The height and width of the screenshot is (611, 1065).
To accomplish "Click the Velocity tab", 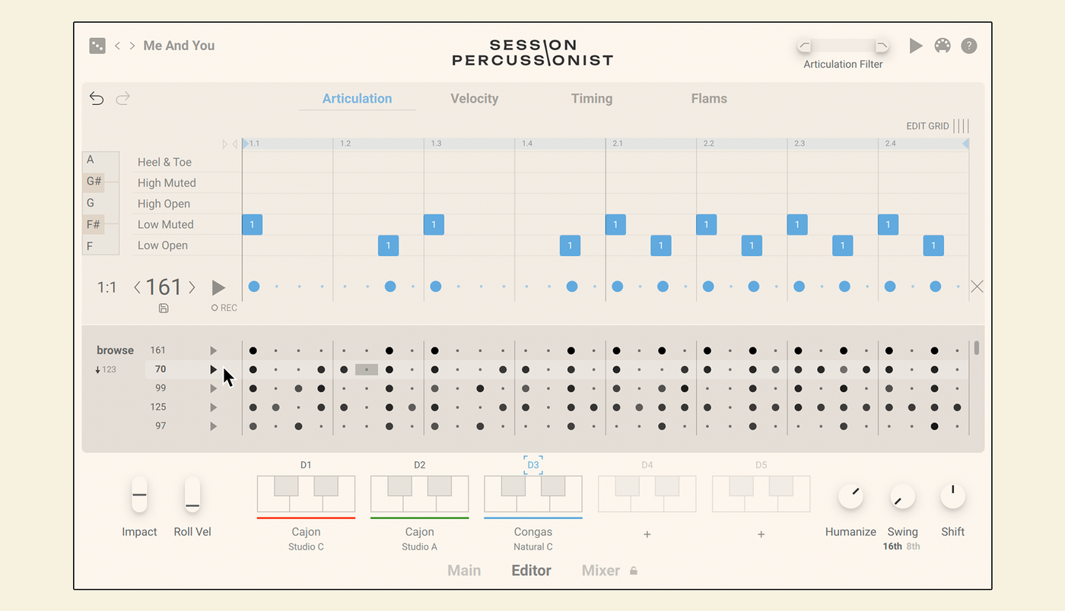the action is click(475, 98).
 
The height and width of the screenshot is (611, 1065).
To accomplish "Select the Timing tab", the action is click(592, 98).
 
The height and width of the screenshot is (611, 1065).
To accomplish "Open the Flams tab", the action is click(709, 98).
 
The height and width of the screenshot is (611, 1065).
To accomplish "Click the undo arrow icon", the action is click(97, 98).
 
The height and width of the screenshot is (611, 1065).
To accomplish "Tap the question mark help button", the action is click(968, 46).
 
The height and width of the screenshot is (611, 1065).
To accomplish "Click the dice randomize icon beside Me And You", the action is click(97, 46).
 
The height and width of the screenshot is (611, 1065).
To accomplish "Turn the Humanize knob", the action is click(850, 496).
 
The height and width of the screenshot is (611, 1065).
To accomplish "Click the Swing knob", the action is click(902, 496).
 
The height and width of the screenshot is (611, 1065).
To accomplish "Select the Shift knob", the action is click(952, 496).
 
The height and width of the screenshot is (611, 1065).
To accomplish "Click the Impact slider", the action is click(139, 495).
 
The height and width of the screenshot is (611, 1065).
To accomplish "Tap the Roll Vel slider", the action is click(192, 495).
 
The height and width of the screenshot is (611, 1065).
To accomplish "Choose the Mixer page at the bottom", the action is click(600, 570).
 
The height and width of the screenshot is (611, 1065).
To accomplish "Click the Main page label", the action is click(464, 570).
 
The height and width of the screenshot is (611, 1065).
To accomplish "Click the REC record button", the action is click(224, 308).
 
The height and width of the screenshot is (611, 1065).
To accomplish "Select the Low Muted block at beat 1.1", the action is click(252, 224).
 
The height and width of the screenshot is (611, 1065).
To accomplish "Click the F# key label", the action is click(93, 224).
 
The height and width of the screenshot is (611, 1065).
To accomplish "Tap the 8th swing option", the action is click(913, 546).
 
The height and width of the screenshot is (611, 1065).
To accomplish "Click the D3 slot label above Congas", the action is click(533, 464).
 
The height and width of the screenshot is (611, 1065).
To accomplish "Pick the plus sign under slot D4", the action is click(647, 534).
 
